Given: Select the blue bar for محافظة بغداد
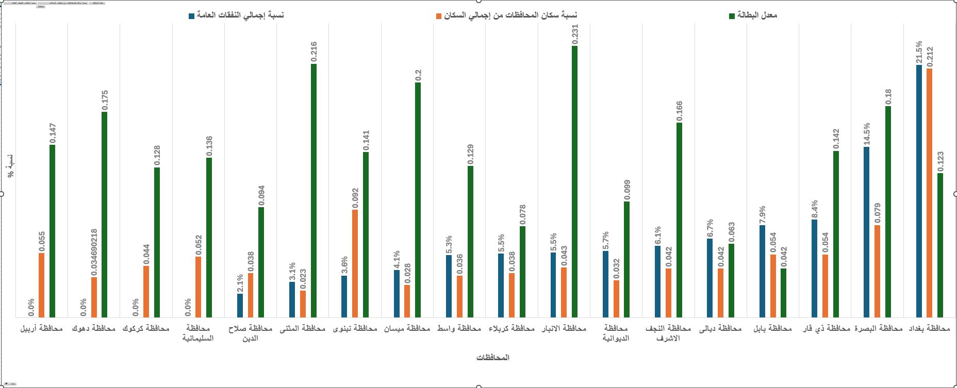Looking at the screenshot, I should click(x=919, y=191).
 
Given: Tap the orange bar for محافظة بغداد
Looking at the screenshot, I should click(x=929, y=193).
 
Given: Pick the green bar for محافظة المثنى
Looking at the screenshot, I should click(x=313, y=190).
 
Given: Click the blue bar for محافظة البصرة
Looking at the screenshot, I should click(x=866, y=232).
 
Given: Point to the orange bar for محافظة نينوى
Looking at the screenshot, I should click(x=355, y=263).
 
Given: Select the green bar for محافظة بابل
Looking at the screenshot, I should click(x=783, y=292).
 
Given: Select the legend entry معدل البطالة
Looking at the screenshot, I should click(x=757, y=15).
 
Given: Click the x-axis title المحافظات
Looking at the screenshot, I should click(x=493, y=358).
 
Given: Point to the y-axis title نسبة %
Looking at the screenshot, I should click(x=10, y=166).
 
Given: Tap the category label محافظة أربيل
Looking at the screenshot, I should click(x=41, y=328).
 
